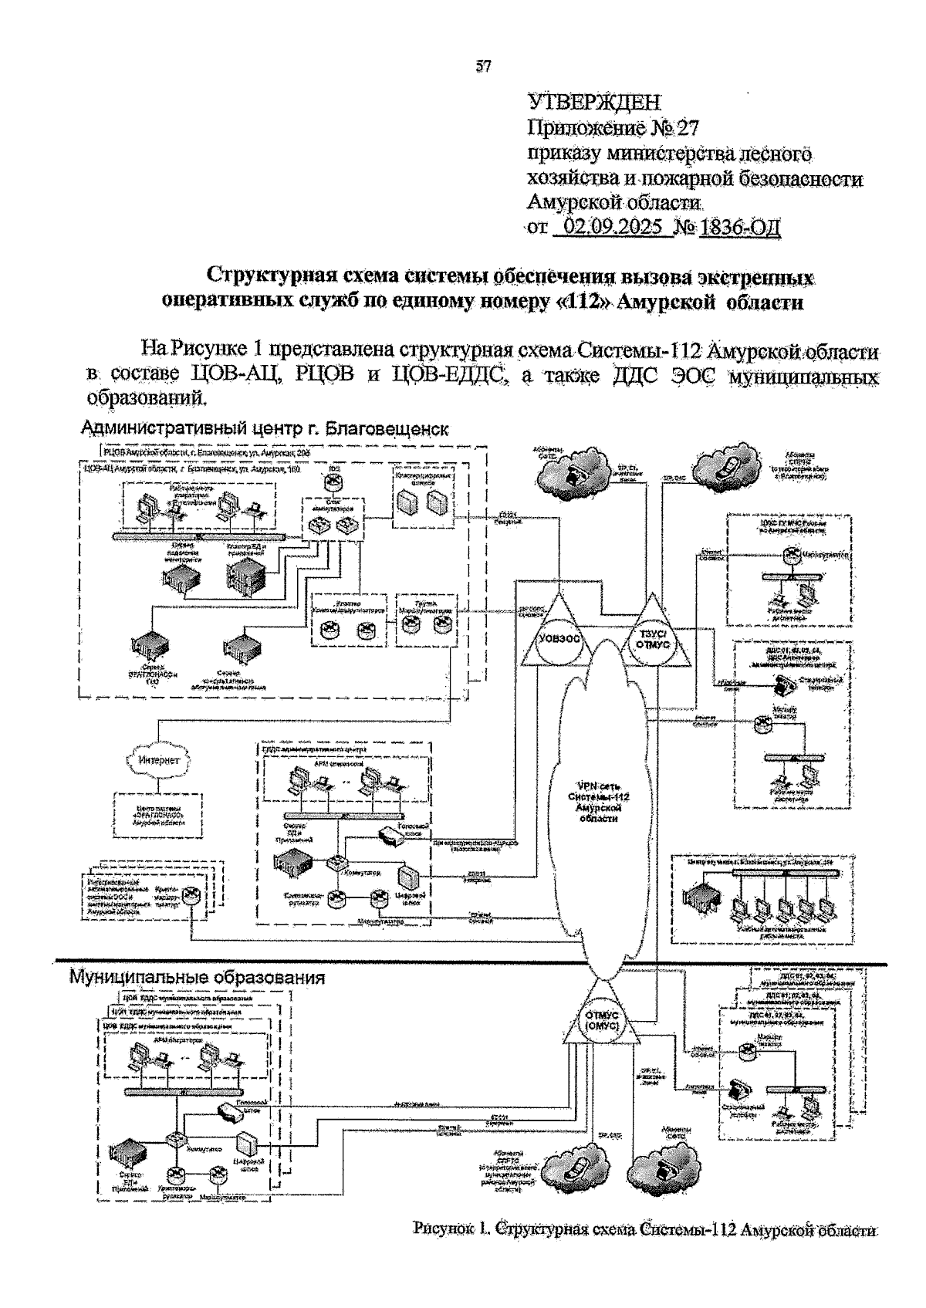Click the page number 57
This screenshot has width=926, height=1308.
point(484,67)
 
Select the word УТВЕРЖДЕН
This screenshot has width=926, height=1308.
point(594,102)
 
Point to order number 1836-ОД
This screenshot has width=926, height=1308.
point(740,228)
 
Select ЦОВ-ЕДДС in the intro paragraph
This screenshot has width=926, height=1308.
point(448,377)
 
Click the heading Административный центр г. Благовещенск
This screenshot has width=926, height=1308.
point(265,428)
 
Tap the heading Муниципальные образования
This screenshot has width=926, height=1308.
point(198,977)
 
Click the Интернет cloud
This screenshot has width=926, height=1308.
point(160,759)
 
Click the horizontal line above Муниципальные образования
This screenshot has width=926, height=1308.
point(463,962)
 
